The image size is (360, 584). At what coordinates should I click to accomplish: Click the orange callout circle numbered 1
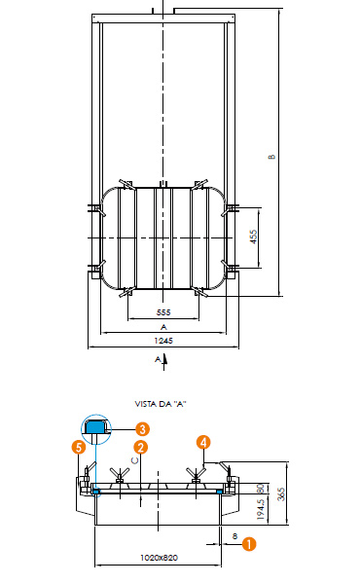coord(249,544)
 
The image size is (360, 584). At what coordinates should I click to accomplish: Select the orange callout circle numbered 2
coord(140,448)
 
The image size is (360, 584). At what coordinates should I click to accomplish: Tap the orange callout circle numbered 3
coord(142,429)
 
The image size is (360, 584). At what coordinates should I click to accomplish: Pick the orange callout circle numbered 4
coord(203,442)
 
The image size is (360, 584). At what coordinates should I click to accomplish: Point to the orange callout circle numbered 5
coord(79,447)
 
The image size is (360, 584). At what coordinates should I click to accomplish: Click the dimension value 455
coord(253,237)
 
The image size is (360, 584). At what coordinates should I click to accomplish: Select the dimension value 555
coord(163,312)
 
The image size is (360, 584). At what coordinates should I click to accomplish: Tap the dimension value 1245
coord(163,341)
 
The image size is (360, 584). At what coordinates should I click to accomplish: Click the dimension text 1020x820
coord(159,558)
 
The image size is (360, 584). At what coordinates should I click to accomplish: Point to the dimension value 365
coord(281,493)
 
